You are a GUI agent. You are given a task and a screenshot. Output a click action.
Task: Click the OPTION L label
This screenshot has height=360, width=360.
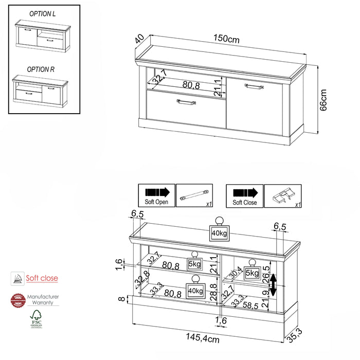[x=42, y=14]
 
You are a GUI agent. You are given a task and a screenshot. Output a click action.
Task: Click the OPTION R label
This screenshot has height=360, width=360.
[x=41, y=69]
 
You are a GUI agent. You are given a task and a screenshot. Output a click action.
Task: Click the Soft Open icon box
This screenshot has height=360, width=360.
[x=157, y=196]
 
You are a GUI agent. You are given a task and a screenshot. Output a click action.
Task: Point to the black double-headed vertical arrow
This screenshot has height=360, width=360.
[x=274, y=285]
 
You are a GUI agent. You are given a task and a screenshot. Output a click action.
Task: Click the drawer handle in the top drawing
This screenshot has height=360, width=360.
[x=186, y=102]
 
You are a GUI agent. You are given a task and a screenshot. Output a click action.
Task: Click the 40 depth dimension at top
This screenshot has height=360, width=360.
[x=139, y=40]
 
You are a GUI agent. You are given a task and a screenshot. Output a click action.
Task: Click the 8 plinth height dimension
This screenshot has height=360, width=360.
[x=121, y=299]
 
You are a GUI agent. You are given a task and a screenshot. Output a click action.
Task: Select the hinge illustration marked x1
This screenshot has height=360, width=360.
[x=283, y=196]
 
